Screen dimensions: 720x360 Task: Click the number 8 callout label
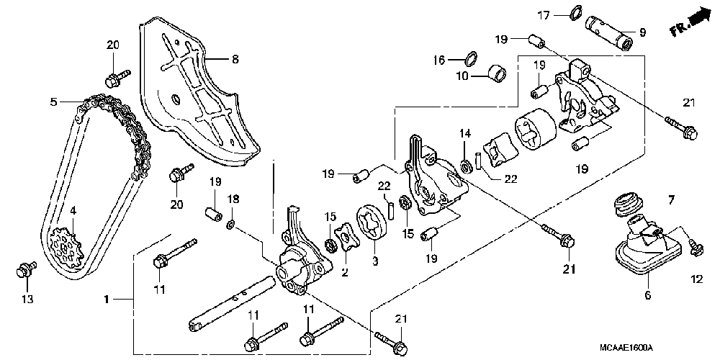(x=235, y=59)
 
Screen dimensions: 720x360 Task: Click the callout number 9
(x=642, y=32)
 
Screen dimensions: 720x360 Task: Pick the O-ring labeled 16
(x=471, y=58)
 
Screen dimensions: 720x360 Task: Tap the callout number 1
(x=106, y=300)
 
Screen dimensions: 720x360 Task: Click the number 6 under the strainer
(x=648, y=296)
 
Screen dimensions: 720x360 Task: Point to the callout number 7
(x=671, y=199)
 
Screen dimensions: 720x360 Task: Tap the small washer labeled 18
(x=231, y=224)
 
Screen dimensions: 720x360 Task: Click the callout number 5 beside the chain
(x=54, y=102)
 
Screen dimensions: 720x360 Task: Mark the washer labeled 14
(x=464, y=165)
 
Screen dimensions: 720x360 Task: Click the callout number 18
(x=234, y=199)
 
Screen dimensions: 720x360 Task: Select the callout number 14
(x=465, y=134)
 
